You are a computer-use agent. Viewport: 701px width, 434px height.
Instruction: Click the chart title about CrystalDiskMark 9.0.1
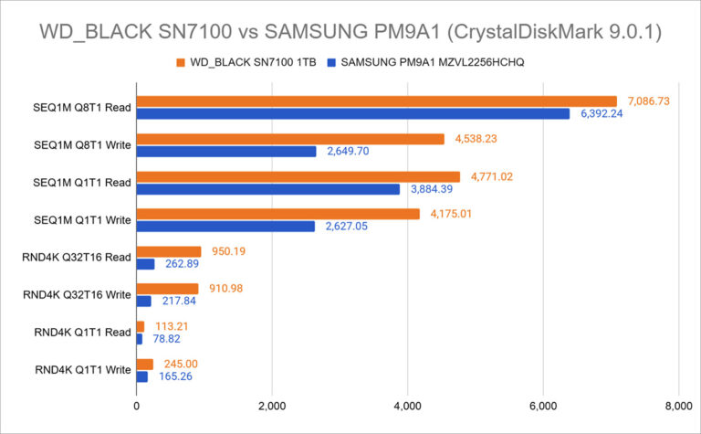[350, 30]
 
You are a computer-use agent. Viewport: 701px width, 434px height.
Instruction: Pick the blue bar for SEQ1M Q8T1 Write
[226, 151]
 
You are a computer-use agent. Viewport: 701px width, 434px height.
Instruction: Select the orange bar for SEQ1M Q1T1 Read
[298, 176]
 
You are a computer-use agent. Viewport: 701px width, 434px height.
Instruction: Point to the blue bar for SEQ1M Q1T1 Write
[225, 226]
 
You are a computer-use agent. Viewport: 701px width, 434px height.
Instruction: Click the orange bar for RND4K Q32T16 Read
[168, 251]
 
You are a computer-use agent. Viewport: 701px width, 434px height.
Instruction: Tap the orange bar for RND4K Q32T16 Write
[167, 289]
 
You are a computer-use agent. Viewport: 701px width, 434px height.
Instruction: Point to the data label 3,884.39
[431, 188]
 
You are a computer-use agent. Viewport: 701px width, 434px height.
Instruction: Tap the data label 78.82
[166, 339]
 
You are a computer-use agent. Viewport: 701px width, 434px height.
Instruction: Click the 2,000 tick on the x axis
[272, 406]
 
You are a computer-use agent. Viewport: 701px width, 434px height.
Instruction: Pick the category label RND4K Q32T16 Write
[77, 295]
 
